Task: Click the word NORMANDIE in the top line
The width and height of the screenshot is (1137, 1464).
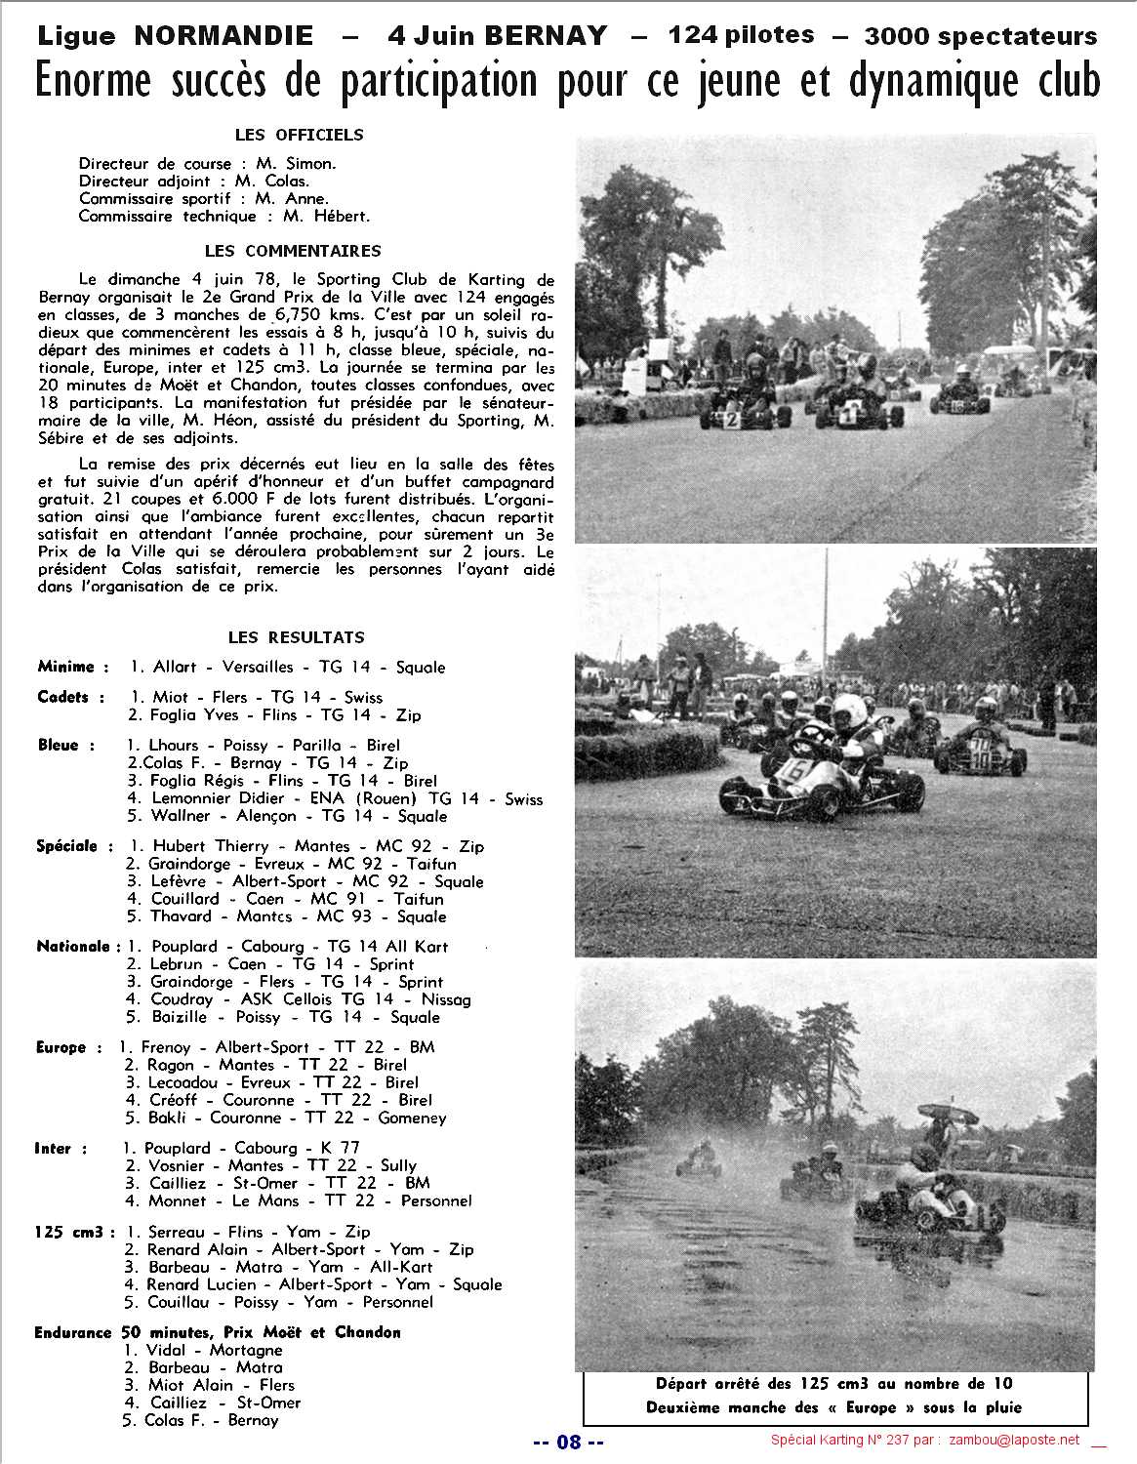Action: [x=223, y=36]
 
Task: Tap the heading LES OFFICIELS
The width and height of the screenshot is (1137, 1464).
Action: [x=299, y=135]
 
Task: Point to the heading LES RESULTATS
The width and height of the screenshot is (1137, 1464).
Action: [x=296, y=637]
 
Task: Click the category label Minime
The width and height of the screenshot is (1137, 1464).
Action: [x=65, y=667]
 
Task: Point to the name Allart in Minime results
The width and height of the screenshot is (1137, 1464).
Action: [x=175, y=668]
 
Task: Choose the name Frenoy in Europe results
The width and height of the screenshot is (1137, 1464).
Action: [x=166, y=1047]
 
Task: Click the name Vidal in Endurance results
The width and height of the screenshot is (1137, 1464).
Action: [x=165, y=1351]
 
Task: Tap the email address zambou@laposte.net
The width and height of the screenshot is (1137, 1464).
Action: [x=1017, y=1441]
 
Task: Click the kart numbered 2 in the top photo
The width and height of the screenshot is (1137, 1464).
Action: [x=733, y=420]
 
